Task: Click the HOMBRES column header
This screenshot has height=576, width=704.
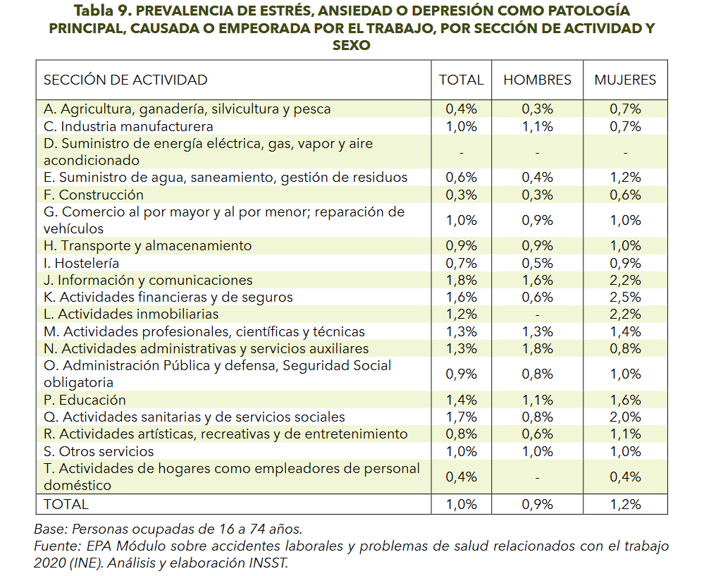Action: pyautogui.click(x=537, y=80)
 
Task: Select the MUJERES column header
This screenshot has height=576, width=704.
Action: pyautogui.click(x=625, y=80)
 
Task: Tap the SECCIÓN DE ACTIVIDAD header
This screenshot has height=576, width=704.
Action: pyautogui.click(x=125, y=80)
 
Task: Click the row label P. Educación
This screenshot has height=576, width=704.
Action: pyautogui.click(x=85, y=400)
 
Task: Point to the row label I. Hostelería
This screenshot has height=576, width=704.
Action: pyautogui.click(x=81, y=263)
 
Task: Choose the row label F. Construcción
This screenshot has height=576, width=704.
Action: pyautogui.click(x=94, y=195)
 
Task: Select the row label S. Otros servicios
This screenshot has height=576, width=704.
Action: pyautogui.click(x=99, y=451)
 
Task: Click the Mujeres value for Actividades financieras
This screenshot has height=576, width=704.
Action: pyautogui.click(x=625, y=298)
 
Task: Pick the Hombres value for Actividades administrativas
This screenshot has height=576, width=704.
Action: pyautogui.click(x=537, y=349)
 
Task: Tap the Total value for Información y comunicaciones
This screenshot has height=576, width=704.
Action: pyautogui.click(x=461, y=281)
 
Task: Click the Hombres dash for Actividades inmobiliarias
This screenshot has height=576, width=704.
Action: pyautogui.click(x=537, y=315)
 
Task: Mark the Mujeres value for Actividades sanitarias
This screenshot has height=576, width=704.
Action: pyautogui.click(x=625, y=417)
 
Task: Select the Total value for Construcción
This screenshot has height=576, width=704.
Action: pyautogui.click(x=461, y=195)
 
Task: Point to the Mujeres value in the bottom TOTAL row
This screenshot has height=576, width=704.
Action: pyautogui.click(x=625, y=505)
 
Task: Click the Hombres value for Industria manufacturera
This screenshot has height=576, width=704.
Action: pyautogui.click(x=537, y=127)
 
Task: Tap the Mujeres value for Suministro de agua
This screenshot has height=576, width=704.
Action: pyautogui.click(x=625, y=178)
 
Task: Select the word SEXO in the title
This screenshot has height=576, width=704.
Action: pyautogui.click(x=351, y=45)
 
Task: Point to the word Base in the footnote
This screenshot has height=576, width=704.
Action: pyautogui.click(x=51, y=529)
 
